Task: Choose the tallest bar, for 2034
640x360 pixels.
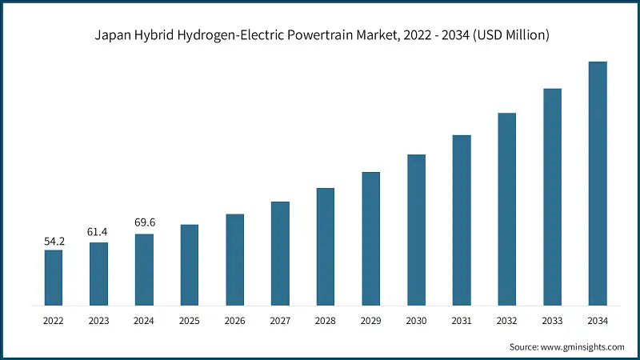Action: click(598, 183)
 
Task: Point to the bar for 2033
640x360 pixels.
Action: click(552, 197)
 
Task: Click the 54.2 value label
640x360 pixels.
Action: click(54, 240)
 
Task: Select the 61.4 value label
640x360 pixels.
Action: click(98, 232)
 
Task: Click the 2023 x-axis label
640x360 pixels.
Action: click(98, 320)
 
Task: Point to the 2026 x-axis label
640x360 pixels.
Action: click(234, 320)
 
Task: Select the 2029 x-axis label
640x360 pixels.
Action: click(370, 320)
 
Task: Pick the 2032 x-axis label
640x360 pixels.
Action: click(506, 320)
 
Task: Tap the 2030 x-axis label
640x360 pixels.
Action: click(416, 320)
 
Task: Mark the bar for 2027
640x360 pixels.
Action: click(280, 254)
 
